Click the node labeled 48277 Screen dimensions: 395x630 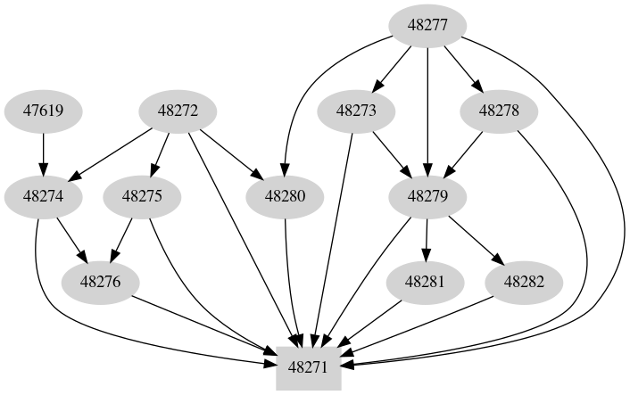pos(428,26)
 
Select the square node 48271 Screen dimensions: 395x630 pos(309,366)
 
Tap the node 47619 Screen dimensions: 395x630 pos(43,111)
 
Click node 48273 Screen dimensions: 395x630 pos(357,111)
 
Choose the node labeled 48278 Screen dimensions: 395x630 pos(499,111)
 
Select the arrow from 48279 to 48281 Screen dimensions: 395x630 pos(427,239)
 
